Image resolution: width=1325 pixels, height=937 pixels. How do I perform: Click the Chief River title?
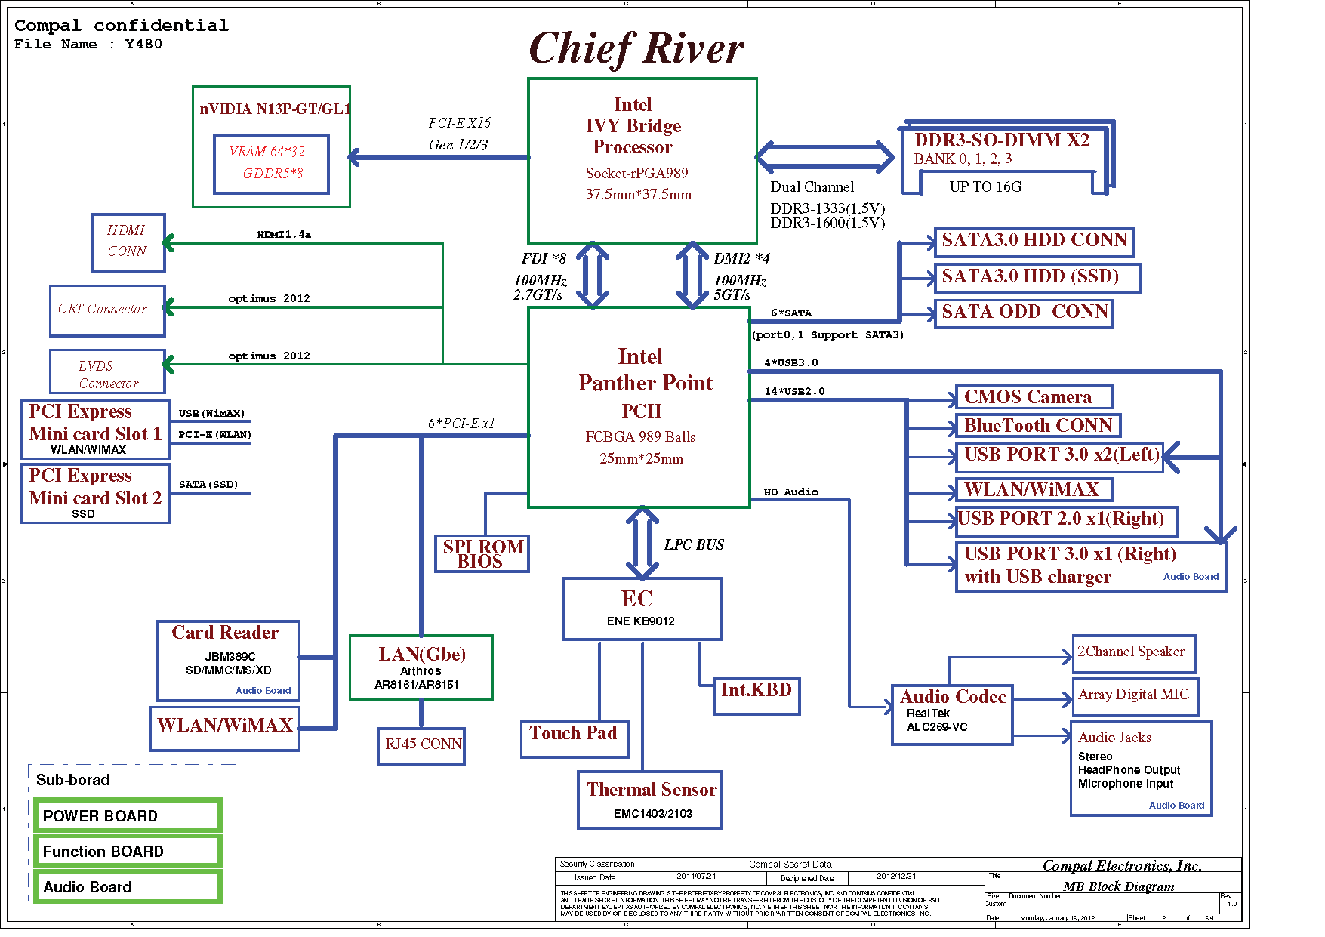click(x=636, y=48)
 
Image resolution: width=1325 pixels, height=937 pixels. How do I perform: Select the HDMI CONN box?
click(x=128, y=242)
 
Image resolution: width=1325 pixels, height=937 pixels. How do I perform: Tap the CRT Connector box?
click(x=106, y=310)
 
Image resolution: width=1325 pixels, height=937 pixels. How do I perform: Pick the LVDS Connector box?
click(x=107, y=371)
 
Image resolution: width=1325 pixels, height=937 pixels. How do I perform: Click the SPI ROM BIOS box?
click(x=482, y=553)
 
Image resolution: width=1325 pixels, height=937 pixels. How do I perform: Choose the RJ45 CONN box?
click(x=421, y=745)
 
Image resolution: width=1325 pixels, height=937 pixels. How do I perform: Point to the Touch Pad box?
click(x=574, y=738)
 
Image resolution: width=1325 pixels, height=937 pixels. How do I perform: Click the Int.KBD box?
click(x=756, y=695)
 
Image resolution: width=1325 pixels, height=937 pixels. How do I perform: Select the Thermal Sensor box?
click(x=649, y=800)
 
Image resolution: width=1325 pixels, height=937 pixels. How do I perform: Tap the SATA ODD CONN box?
click(x=1023, y=313)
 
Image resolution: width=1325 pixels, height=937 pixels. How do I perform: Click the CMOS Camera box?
click(x=1034, y=397)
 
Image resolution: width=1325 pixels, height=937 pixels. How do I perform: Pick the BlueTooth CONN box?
click(x=1037, y=426)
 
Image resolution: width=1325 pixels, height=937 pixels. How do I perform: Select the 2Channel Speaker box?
click(x=1133, y=653)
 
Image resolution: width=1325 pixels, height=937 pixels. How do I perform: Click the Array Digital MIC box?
click(x=1134, y=696)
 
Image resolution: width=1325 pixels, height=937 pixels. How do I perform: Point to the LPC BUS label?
click(x=694, y=545)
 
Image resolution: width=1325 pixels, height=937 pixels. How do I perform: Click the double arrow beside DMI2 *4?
click(x=692, y=275)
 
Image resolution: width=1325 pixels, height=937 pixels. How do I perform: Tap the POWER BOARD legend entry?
click(x=128, y=816)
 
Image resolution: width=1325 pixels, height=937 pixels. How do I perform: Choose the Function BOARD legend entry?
click(x=128, y=852)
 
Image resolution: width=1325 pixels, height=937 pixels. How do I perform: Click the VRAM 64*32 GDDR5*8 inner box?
click(x=271, y=164)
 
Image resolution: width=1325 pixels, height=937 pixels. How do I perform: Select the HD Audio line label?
click(x=790, y=492)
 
